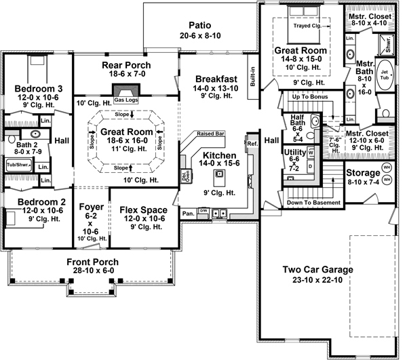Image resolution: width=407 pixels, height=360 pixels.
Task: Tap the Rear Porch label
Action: pos(126,65)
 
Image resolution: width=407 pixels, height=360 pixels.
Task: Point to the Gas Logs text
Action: pos(126,100)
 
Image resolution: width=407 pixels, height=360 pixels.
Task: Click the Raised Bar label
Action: pos(211,134)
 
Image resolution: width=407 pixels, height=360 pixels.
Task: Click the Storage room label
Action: pos(363,174)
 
